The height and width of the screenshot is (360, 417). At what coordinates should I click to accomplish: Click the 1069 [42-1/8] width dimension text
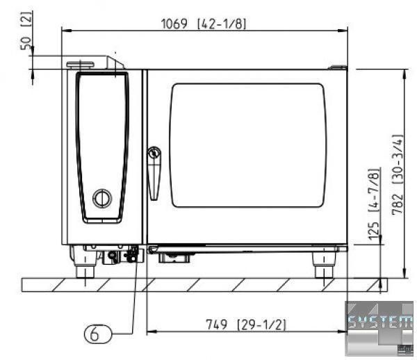click(x=204, y=24)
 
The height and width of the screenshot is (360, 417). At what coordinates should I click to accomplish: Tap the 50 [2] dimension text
click(x=26, y=31)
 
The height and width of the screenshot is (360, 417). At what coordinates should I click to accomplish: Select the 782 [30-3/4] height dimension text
click(x=398, y=174)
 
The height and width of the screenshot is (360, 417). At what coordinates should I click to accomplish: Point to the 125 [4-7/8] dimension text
click(x=373, y=204)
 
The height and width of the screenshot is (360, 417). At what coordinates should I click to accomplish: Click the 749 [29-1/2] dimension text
click(x=246, y=325)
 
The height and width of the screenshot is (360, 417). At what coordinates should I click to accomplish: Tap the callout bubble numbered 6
click(x=98, y=334)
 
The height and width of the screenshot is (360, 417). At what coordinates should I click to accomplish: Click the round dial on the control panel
click(x=102, y=198)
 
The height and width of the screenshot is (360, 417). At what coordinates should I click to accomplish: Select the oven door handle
click(x=154, y=182)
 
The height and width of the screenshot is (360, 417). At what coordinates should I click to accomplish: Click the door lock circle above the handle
click(x=154, y=153)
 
